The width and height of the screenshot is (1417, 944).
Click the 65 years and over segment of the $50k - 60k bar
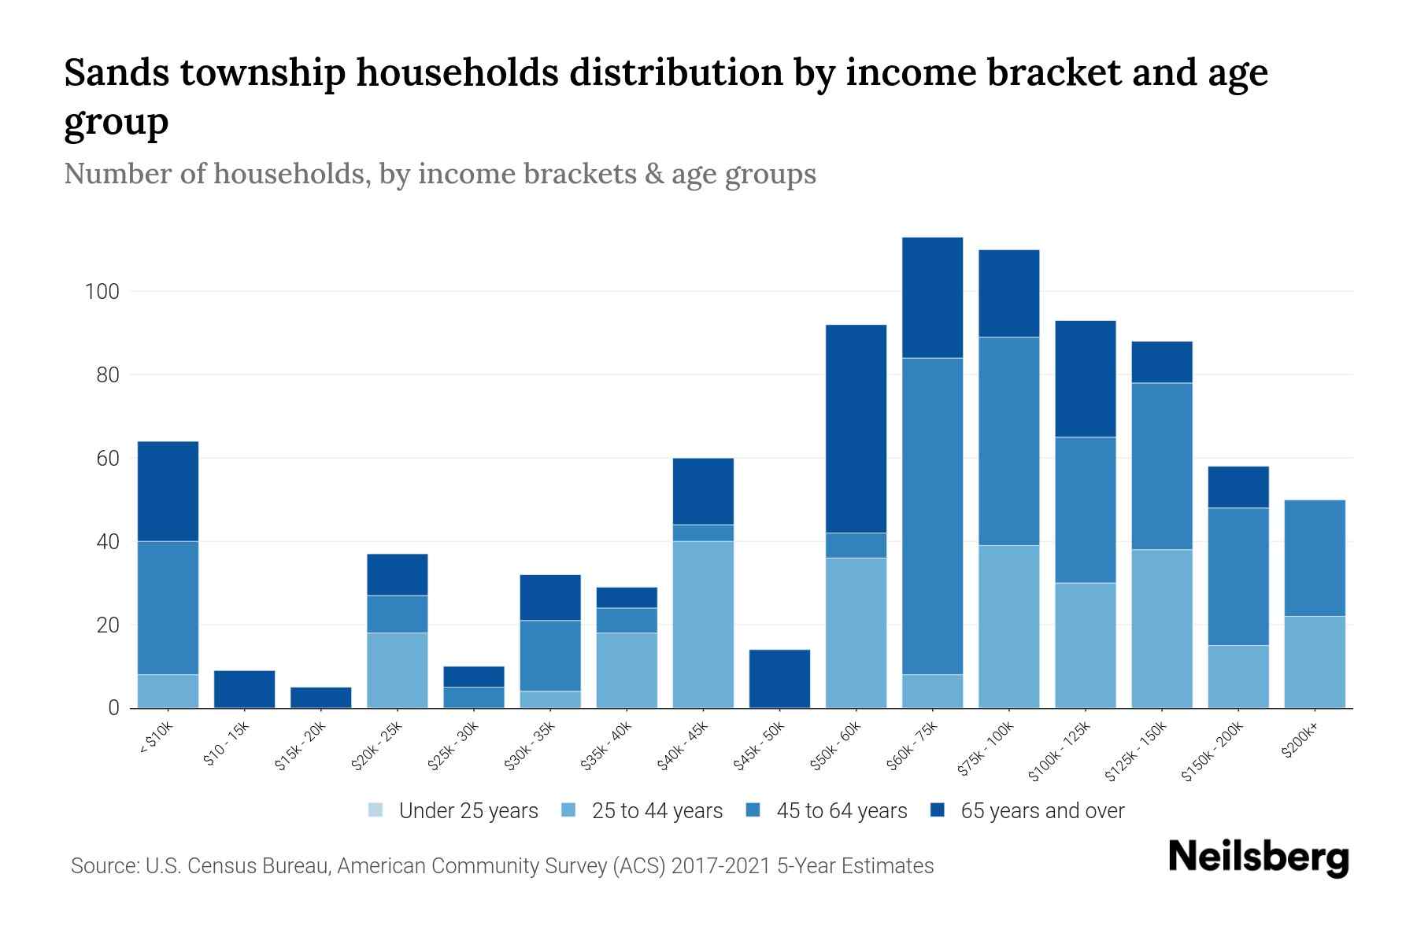coord(856,429)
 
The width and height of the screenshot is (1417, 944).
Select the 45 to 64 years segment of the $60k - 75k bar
coord(932,516)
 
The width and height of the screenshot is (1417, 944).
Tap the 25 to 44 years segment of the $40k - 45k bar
coord(703,625)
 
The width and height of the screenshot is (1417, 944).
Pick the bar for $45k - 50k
coord(779,679)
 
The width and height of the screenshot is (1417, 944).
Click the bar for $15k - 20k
coord(320,698)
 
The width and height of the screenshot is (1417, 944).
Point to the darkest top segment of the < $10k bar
coord(168,491)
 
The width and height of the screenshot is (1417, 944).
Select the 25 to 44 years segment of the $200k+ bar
coord(1314,662)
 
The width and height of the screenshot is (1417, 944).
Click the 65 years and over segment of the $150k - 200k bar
coord(1238,487)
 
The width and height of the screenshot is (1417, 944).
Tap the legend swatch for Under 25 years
coord(376,810)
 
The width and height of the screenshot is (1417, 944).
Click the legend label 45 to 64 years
coord(841,810)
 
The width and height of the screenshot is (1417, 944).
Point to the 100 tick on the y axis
coord(102,292)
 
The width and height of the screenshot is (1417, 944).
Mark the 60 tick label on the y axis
coord(107,459)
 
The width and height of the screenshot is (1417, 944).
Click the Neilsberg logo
coord(1258,857)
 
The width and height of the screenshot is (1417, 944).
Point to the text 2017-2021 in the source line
coord(720,866)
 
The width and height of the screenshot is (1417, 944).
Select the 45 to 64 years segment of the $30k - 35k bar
coord(550,655)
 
